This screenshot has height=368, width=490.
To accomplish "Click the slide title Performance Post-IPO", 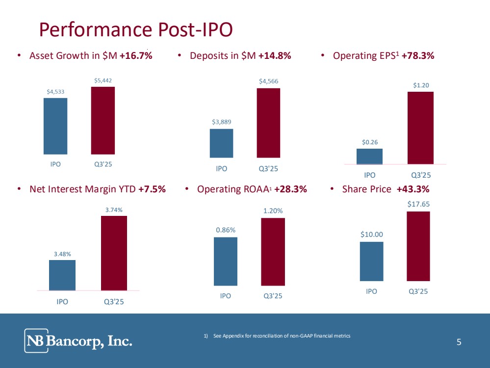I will [136, 30].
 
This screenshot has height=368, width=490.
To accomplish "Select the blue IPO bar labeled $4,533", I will [55, 126].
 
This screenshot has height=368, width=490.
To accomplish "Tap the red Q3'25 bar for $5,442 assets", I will [103, 121].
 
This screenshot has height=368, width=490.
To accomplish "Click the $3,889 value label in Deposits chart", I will [222, 122].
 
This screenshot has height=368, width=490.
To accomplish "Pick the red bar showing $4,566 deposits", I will [268, 123].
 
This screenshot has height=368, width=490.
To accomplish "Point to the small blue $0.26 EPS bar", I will [369, 156].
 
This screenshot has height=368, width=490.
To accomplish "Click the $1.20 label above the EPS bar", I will [421, 85].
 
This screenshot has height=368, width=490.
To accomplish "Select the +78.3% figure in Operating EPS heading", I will [418, 56].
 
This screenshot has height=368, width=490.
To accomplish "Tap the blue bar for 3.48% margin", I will [62, 275].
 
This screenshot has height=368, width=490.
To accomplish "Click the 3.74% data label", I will [114, 210].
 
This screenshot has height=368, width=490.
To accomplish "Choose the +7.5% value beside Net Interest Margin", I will [152, 189].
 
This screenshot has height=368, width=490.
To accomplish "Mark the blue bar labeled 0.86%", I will [226, 261].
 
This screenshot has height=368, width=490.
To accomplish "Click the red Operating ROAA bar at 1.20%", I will [273, 251].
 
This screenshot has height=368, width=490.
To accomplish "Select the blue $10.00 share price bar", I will [372, 261].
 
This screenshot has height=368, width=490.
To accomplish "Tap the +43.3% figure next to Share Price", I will [413, 189].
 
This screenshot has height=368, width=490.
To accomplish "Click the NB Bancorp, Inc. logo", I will [79, 341].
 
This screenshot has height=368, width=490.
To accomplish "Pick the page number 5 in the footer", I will [459, 342].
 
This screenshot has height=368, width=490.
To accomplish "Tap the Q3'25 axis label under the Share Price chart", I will [418, 291].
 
